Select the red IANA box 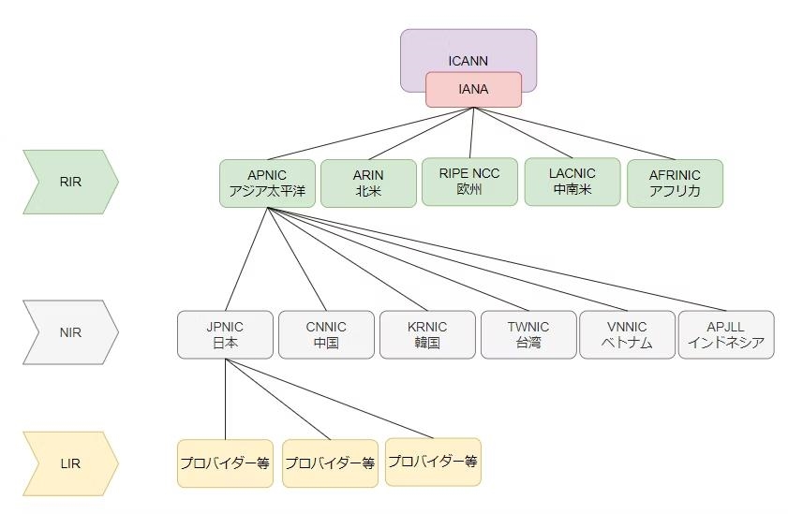click(473, 90)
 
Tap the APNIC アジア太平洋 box click(268, 184)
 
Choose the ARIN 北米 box click(368, 184)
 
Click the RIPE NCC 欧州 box click(469, 182)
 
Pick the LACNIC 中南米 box click(572, 182)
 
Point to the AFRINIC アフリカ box click(674, 184)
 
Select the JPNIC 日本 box click(225, 334)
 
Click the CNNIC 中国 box click(326, 334)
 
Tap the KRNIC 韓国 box click(427, 334)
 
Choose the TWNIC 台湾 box click(528, 334)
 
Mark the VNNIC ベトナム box click(627, 334)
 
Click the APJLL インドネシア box click(726, 334)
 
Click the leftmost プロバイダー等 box click(225, 463)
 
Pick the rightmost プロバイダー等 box click(433, 462)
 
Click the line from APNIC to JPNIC click(245, 259)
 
